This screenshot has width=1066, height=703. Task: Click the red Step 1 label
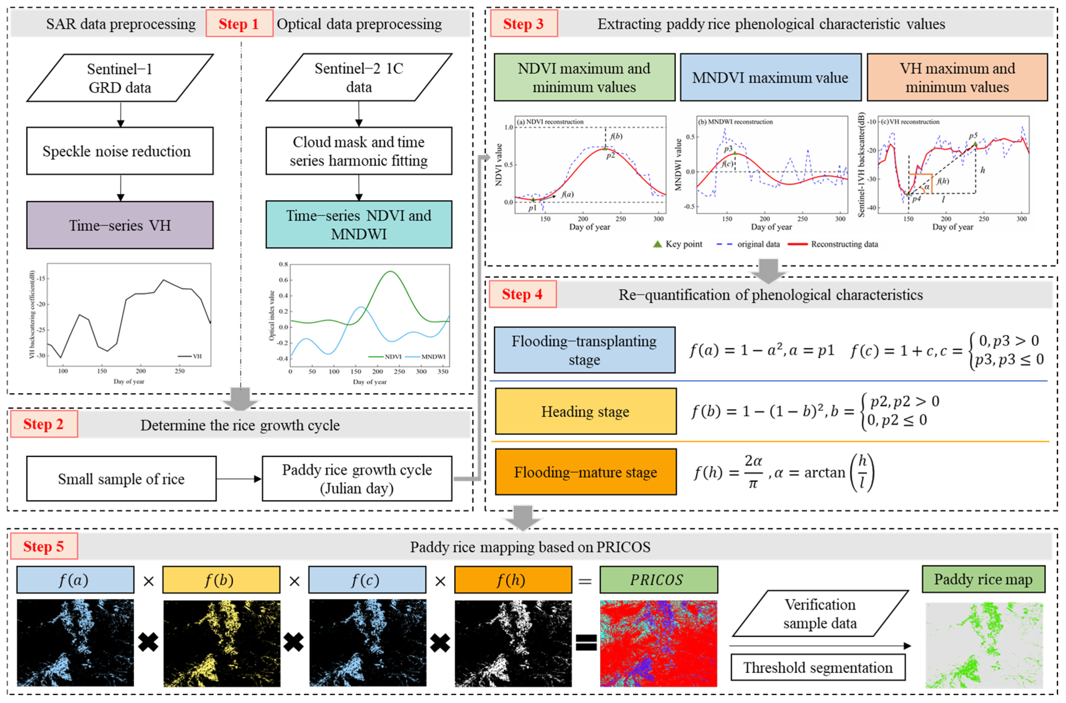click(x=239, y=24)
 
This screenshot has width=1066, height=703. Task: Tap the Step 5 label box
click(x=43, y=546)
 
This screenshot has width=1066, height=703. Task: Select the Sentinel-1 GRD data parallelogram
click(x=120, y=78)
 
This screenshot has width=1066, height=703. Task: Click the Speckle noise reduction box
click(x=120, y=151)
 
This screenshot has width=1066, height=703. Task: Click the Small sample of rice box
click(x=121, y=478)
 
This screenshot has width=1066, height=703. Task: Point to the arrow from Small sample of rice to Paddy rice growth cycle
click(x=239, y=479)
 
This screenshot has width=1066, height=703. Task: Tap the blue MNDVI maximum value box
click(x=770, y=78)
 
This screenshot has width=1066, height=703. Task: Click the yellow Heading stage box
click(x=585, y=411)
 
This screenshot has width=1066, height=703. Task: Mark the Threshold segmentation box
click(x=818, y=667)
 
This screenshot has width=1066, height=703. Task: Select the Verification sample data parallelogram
click(x=820, y=613)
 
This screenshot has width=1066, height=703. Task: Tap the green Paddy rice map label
click(x=983, y=579)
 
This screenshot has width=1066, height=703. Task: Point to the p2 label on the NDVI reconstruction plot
click(x=610, y=155)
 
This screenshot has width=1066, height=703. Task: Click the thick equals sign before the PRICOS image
click(x=586, y=642)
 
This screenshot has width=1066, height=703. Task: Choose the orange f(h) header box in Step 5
click(x=512, y=580)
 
